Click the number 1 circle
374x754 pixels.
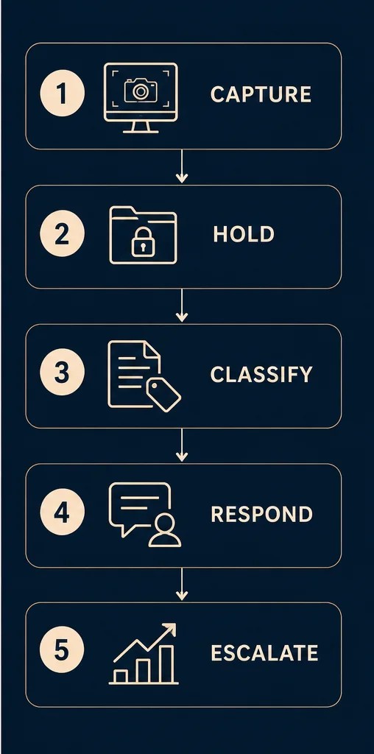coord(62,94)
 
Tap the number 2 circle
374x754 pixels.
coord(62,234)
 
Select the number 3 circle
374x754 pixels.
coord(62,373)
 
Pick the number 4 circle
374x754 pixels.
coord(62,512)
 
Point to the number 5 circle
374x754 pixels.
coord(62,652)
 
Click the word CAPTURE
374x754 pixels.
coord(261,94)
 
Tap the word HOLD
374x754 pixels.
coord(244,234)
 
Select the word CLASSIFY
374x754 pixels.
coord(261,374)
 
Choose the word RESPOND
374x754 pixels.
coord(262,514)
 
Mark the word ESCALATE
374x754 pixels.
coord(264,653)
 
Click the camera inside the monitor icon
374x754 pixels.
coord(141,91)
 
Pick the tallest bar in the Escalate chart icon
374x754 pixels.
coord(167,664)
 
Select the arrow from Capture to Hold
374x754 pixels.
coord(182,166)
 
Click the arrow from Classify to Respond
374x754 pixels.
coord(182,445)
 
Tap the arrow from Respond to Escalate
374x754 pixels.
coord(182,584)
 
